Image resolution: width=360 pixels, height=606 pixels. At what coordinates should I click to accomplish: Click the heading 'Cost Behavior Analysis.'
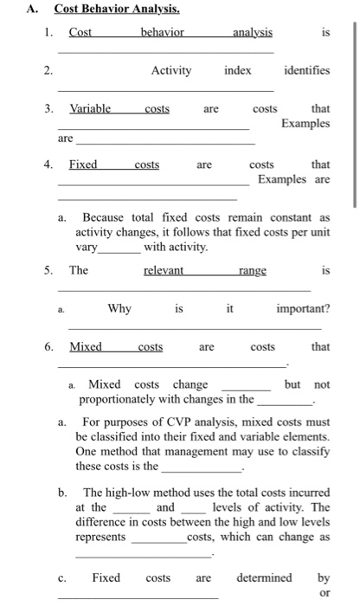(x=105, y=10)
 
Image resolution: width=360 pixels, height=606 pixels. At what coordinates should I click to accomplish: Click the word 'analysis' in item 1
(x=252, y=33)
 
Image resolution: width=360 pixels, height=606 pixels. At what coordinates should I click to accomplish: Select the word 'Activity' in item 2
(x=170, y=70)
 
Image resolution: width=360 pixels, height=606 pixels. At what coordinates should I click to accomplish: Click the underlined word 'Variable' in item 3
(x=90, y=109)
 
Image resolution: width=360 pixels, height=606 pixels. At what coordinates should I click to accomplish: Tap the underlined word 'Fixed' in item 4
(x=84, y=164)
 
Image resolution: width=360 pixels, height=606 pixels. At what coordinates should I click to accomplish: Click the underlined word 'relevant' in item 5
(x=164, y=271)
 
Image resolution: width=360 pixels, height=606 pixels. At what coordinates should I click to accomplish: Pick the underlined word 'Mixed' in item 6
(x=86, y=347)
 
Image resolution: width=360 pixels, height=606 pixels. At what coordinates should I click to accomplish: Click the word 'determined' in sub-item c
(x=264, y=577)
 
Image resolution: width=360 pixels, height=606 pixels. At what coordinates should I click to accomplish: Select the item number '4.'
(x=51, y=164)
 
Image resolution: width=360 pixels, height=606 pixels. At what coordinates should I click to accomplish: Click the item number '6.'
(x=51, y=347)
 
